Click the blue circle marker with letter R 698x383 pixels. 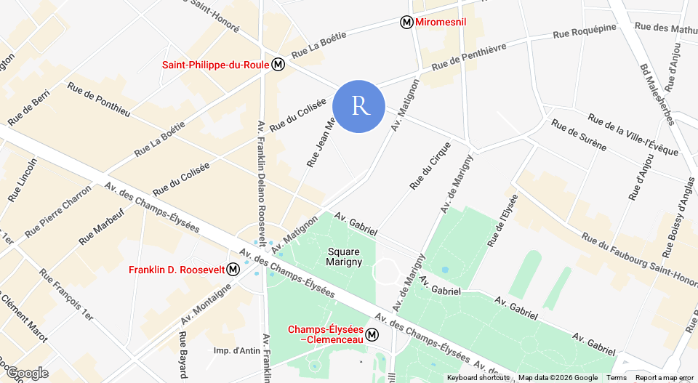tap(358, 106)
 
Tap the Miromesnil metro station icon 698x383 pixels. tap(407, 23)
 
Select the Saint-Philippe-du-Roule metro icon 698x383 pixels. tap(278, 65)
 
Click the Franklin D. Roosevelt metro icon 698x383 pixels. tap(233, 270)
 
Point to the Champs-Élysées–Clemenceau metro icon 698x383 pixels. tap(372, 335)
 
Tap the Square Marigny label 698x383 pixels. tap(344, 257)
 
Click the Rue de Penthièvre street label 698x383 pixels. tap(468, 57)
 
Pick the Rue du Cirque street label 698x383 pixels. tap(430, 166)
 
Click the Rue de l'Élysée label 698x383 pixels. tap(503, 220)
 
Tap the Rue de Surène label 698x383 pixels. tap(579, 135)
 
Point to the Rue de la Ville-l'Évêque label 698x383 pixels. tap(633, 134)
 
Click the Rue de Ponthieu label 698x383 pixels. tap(99, 100)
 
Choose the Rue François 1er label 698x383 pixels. tap(66, 295)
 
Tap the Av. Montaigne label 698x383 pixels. tap(206, 305)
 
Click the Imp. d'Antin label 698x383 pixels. tap(237, 351)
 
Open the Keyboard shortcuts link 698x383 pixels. tap(478, 378)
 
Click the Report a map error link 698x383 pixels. tap(664, 378)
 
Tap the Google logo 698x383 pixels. tap(28, 374)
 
